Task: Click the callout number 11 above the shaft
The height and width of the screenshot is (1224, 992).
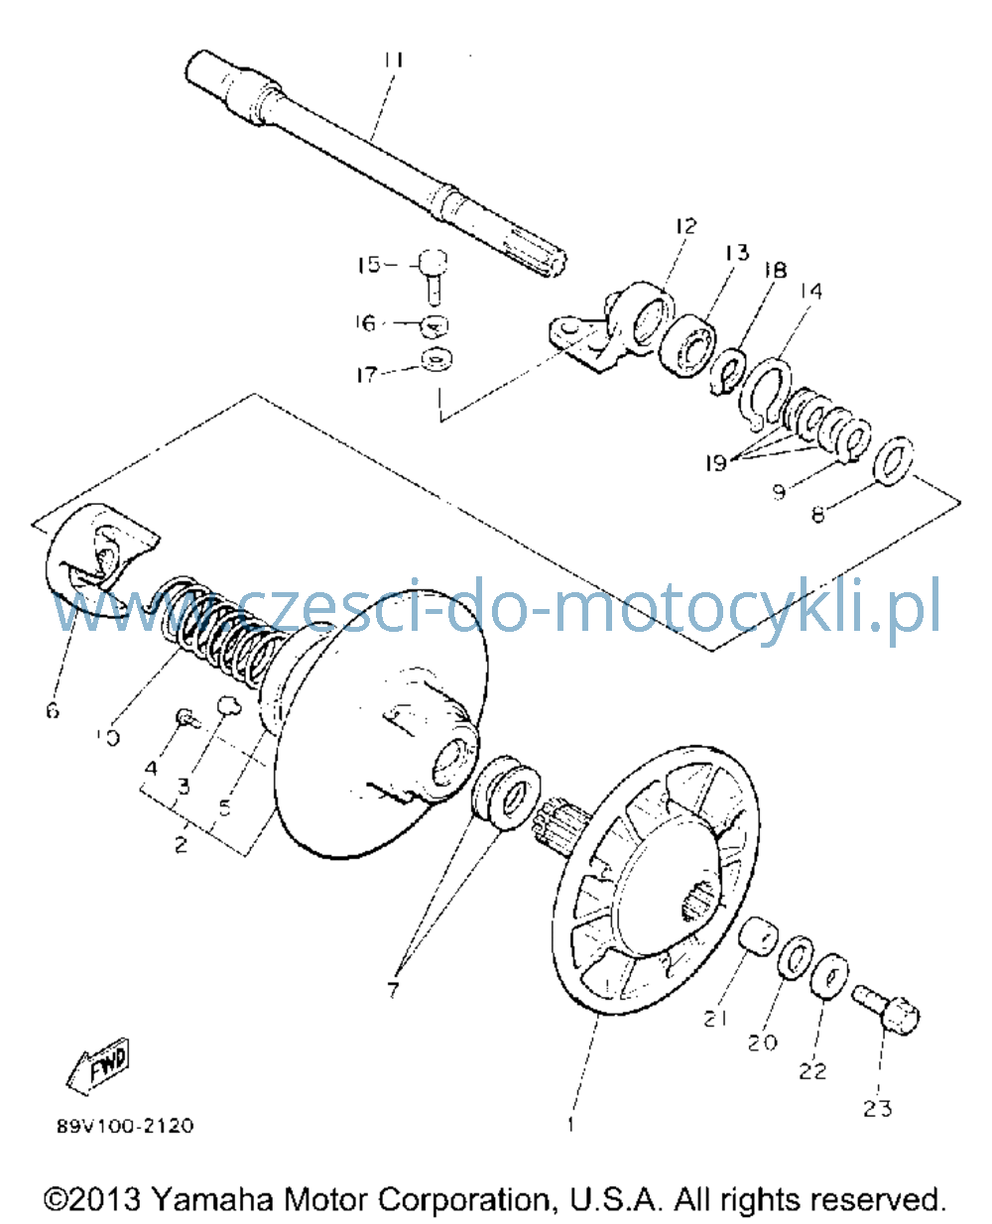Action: coord(394,61)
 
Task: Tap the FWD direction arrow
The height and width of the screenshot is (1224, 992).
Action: coord(97,1066)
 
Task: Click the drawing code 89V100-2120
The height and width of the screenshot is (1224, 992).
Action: coord(125,1125)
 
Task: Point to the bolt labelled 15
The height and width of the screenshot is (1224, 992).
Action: coord(434,276)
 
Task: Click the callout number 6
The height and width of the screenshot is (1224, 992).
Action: coord(53,711)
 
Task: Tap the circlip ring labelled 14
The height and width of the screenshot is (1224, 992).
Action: coord(765,395)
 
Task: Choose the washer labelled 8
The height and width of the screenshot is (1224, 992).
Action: coord(893,461)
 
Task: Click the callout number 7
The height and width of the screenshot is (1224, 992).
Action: coord(393,989)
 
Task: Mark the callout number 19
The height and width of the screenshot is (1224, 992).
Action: coord(716,462)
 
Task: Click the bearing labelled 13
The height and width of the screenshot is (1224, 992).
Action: coord(686,345)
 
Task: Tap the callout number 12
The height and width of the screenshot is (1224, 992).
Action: coord(685,226)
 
